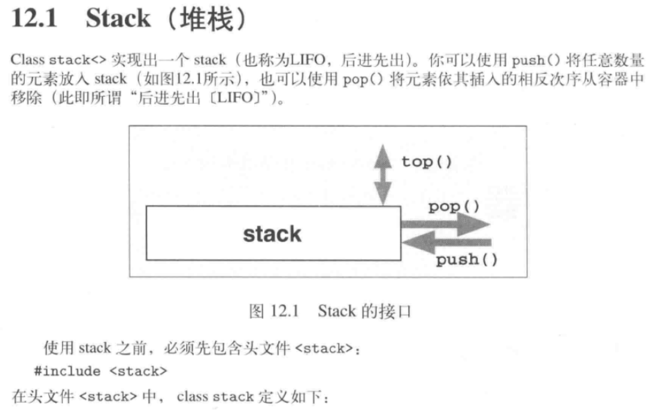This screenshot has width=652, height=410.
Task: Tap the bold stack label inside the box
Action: pos(272,234)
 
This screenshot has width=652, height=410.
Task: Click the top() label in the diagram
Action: pos(427,162)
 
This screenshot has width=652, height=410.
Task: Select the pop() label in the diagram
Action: pos(453,207)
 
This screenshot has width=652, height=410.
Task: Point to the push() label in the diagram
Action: pos(466,259)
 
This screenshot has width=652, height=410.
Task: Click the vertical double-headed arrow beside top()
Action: pos(383,173)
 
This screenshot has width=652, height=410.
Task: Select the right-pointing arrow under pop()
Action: pos(445,225)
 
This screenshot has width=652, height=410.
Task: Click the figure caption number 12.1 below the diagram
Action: pos(285,311)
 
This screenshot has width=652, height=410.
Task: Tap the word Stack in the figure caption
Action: pos(336,311)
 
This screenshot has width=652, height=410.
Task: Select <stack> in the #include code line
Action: pos(138,371)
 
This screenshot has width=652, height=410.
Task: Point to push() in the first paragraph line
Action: pos(534,60)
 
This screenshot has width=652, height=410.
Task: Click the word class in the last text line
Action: pos(192,397)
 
